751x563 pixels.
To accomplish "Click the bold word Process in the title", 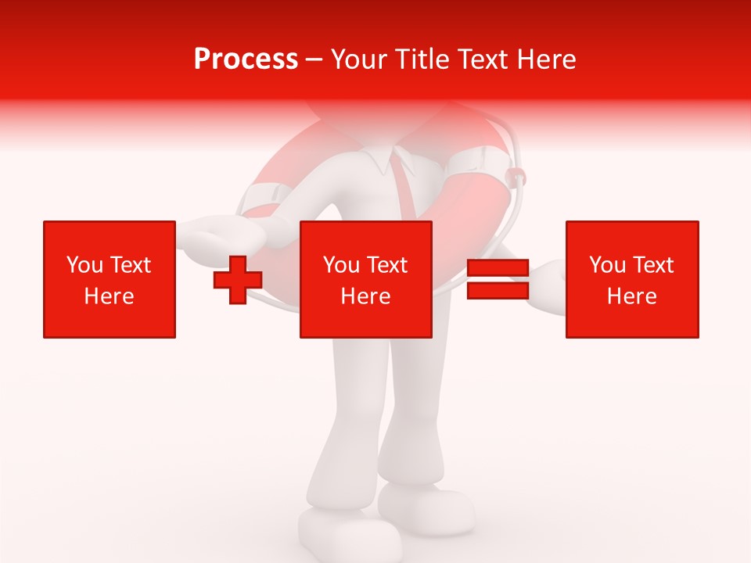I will click(x=246, y=59).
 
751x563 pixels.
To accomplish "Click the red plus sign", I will click(x=238, y=279).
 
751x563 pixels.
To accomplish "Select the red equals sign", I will click(x=498, y=279).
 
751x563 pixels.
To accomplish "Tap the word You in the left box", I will click(x=84, y=265).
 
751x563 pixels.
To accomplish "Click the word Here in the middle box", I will click(x=366, y=296).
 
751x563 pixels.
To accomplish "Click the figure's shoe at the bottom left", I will click(x=344, y=536).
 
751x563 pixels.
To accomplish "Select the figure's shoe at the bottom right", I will click(x=426, y=508).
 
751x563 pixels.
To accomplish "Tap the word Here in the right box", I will click(x=632, y=296).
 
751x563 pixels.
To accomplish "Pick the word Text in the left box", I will click(x=131, y=265).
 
